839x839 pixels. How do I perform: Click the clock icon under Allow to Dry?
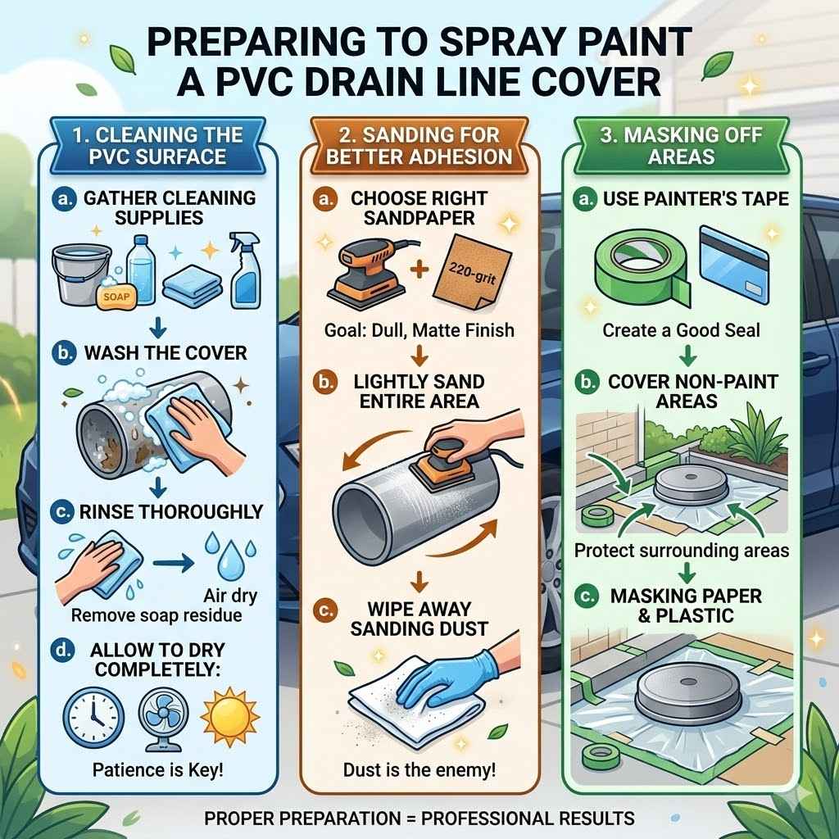coord(93,712)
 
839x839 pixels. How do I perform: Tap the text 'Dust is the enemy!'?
coord(419,769)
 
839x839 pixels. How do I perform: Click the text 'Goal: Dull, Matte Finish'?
coord(419,330)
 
